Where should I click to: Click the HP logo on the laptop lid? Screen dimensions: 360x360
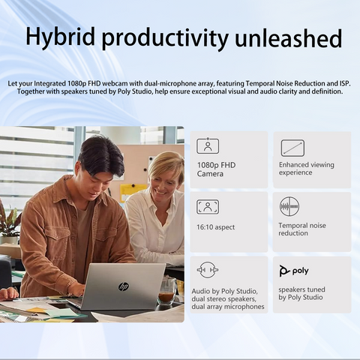[124, 286]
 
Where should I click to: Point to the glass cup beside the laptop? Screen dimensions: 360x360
[166, 290]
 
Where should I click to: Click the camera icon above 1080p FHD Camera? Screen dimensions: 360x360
[208, 146]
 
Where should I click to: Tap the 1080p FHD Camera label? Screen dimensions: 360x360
[216, 169]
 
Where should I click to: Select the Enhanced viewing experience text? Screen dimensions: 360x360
[306, 169]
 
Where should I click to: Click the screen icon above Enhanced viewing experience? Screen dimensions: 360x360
[292, 147]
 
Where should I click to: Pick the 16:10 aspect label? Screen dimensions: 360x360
[217, 226]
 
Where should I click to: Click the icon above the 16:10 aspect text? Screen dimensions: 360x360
[208, 206]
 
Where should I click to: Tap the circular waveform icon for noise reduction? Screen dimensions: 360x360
[289, 206]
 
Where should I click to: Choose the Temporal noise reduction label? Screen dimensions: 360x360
[301, 229]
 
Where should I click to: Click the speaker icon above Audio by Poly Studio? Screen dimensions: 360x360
[207, 270]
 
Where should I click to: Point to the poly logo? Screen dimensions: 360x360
[294, 271]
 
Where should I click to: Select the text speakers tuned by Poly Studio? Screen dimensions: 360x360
[301, 293]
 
